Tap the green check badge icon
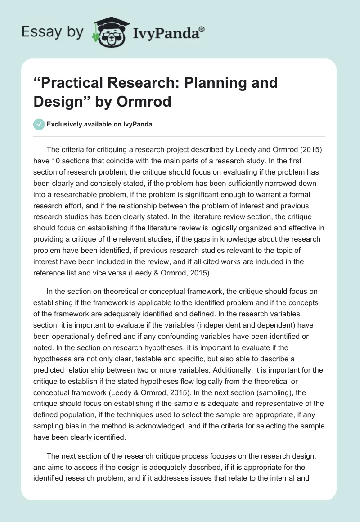[39, 124]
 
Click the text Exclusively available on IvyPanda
[99, 124]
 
